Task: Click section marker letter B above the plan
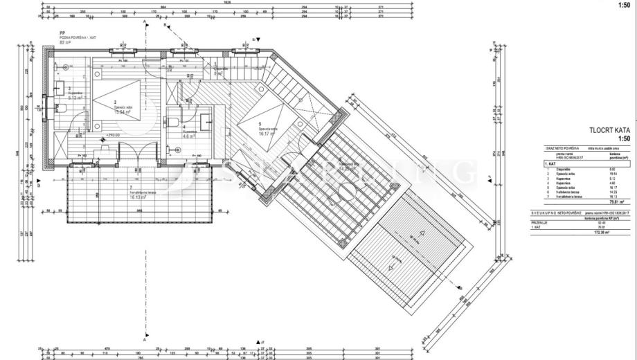tap(165, 26)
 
